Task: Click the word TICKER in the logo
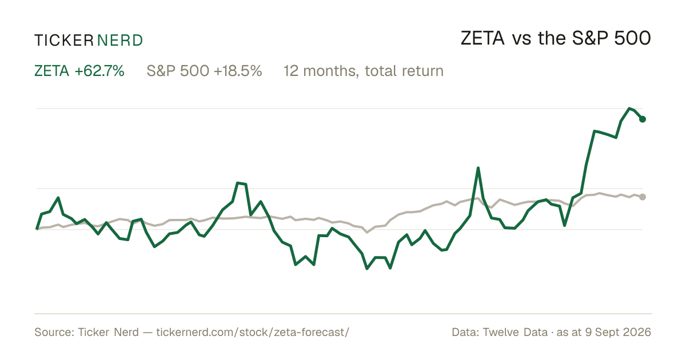[64, 41]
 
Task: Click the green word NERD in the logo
[119, 41]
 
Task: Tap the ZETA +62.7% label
[79, 71]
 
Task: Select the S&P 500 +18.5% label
[204, 71]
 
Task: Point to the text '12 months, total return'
[364, 71]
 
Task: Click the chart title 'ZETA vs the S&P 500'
[556, 38]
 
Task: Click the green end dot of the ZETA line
[643, 119]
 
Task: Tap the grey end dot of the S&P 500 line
[643, 197]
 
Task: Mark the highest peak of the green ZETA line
[629, 109]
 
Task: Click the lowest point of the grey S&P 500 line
[367, 233]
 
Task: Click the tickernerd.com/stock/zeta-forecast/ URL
[253, 332]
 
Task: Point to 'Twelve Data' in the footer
[515, 332]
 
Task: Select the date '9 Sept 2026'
[619, 332]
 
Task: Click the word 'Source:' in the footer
[54, 332]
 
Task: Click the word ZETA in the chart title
[482, 38]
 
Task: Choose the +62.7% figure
[99, 71]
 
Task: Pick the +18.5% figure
[238, 71]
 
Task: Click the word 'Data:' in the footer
[465, 332]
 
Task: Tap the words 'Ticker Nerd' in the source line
[108, 332]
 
